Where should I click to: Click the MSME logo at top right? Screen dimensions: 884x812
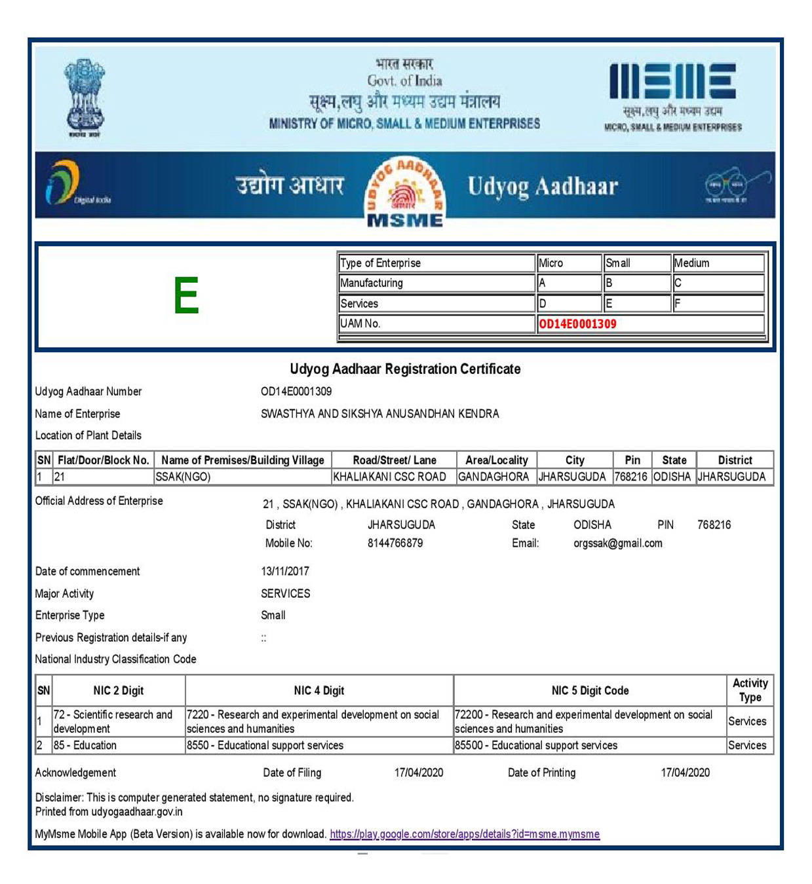[x=672, y=96]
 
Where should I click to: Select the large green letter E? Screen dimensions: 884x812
[x=186, y=296]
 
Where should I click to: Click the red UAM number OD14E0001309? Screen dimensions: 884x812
[x=577, y=323]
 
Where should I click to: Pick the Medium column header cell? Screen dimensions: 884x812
[x=718, y=263]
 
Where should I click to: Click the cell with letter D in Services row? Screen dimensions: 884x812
[x=568, y=303]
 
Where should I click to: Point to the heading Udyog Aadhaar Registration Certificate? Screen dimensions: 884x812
[x=405, y=369]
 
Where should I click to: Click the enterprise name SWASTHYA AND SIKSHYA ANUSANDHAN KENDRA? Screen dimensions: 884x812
[x=379, y=414]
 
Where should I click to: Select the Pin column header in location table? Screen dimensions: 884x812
[x=632, y=460]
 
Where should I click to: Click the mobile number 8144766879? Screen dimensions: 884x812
[x=395, y=543]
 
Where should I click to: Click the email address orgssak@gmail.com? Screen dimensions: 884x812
[x=617, y=543]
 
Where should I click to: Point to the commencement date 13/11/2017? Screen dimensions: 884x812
[x=285, y=571]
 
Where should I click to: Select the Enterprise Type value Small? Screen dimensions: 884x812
[x=273, y=616]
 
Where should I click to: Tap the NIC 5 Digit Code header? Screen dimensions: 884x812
[x=590, y=690]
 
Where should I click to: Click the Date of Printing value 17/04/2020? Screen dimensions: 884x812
[x=685, y=773]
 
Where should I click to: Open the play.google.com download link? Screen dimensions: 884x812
[x=464, y=834]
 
